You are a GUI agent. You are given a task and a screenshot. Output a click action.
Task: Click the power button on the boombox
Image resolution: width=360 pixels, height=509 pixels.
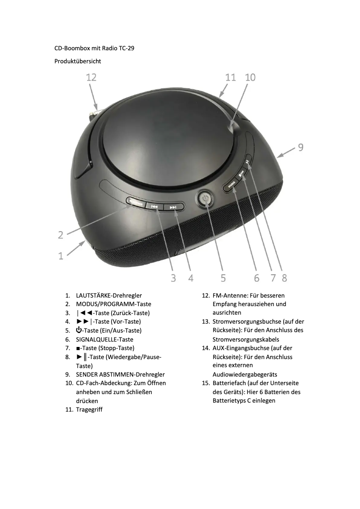point(205,198)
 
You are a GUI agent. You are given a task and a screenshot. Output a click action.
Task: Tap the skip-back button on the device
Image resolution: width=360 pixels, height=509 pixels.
point(155,206)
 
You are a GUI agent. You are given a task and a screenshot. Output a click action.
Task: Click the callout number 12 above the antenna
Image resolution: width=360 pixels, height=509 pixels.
point(91,77)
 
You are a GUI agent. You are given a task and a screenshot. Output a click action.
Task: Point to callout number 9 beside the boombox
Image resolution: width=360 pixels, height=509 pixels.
point(301,147)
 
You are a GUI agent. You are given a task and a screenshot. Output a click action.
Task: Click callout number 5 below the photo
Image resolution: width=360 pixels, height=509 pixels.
point(223,278)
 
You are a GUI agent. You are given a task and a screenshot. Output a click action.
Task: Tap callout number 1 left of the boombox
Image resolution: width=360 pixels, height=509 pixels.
point(61,256)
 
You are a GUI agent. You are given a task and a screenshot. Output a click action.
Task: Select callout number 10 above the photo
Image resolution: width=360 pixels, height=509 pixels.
point(250,77)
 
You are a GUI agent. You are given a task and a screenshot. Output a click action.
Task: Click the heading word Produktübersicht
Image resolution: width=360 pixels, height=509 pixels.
point(78,61)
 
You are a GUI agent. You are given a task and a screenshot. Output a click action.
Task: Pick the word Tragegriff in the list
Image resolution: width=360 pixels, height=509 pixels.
point(89,410)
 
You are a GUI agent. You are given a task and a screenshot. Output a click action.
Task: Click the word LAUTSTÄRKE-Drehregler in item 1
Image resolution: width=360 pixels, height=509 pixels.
point(109,295)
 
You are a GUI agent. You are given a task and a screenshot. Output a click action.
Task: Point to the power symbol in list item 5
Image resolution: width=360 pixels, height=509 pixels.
point(79,330)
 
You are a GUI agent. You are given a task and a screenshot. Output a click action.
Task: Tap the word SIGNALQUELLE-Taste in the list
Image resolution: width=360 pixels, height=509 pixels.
point(105,339)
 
